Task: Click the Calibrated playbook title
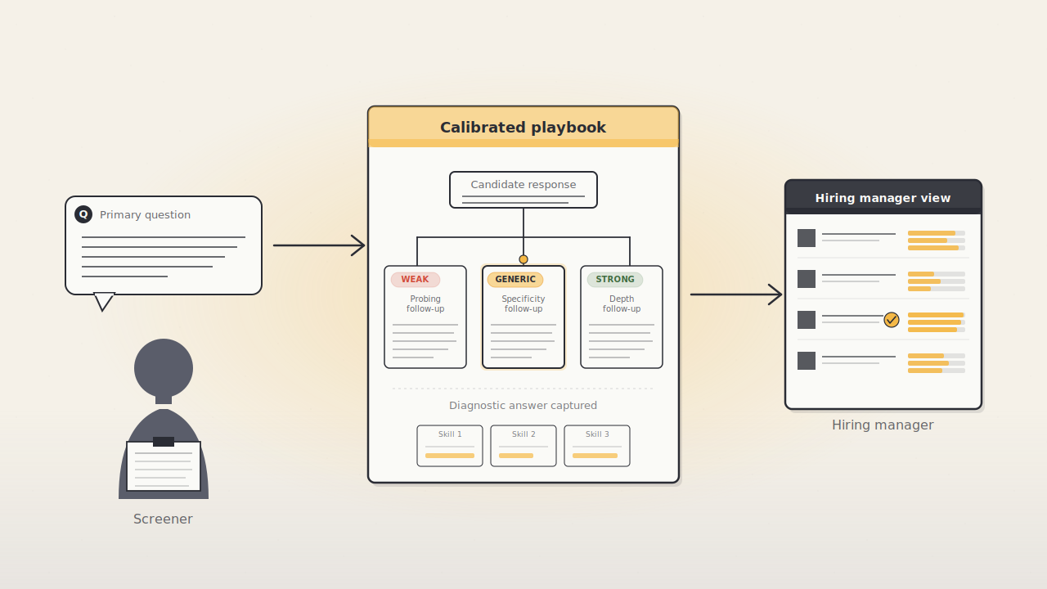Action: [523, 128]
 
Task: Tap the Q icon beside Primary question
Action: [83, 214]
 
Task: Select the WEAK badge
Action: [415, 280]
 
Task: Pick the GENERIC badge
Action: [515, 280]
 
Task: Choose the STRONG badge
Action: [614, 280]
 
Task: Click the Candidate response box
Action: [523, 190]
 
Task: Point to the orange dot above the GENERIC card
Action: [523, 259]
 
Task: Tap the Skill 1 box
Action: [450, 446]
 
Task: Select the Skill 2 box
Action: [523, 446]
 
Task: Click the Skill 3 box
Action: [597, 446]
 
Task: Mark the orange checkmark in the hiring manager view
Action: [892, 320]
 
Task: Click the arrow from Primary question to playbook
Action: [319, 245]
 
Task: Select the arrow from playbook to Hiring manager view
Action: [736, 294]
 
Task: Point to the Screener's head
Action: [164, 368]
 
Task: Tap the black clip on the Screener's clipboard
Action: [164, 442]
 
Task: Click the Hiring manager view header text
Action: [883, 198]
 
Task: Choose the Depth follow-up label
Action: [621, 303]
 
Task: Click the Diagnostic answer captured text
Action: [523, 405]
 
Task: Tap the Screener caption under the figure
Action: [163, 519]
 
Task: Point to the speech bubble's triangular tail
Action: [104, 301]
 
